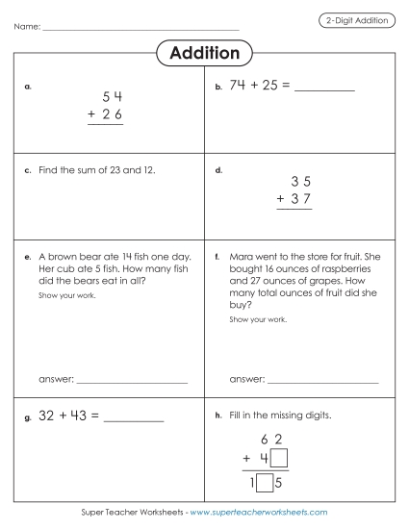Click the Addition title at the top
tap(204, 53)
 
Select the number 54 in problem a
tap(112, 97)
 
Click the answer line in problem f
tap(322, 383)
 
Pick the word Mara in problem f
tap(242, 258)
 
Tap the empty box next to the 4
tap(279, 459)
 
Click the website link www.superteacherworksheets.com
tap(259, 513)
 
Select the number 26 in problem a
tap(112, 116)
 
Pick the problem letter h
tap(219, 416)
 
